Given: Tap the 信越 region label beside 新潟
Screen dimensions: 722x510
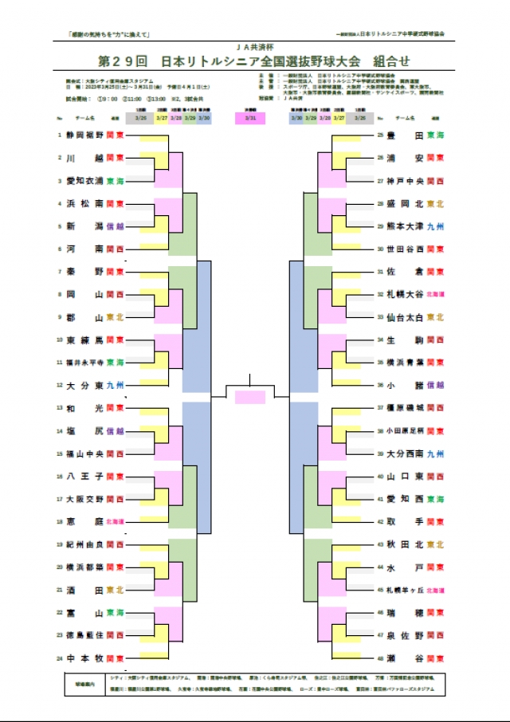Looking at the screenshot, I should click(x=115, y=226).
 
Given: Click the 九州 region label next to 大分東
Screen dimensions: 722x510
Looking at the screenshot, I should click(x=115, y=385).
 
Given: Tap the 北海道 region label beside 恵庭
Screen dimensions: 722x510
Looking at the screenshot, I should click(x=115, y=522).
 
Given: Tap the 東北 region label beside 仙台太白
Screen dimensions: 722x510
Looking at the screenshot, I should click(x=435, y=316).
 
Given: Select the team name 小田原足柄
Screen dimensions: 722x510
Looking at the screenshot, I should click(x=405, y=430).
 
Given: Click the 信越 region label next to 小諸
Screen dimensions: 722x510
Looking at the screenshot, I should click(x=435, y=385).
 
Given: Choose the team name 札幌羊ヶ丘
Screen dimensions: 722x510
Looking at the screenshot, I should click(x=405, y=590).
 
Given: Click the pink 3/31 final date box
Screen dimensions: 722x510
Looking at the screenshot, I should click(x=250, y=117).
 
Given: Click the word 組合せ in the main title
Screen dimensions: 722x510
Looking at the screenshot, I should click(x=390, y=61).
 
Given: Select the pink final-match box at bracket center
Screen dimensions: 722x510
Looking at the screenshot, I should click(x=250, y=397).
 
